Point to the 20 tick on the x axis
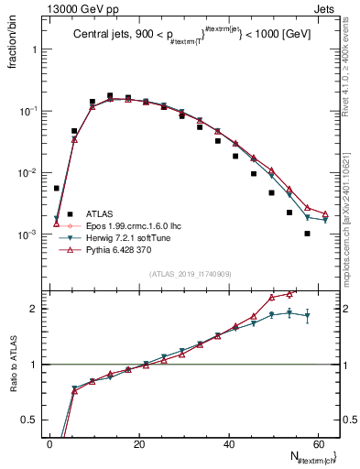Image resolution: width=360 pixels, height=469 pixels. tap(138, 443)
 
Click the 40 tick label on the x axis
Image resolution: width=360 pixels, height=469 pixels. tap(227, 443)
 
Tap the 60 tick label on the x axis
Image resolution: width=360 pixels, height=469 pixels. tap(316, 443)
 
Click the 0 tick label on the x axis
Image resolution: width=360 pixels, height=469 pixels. tap(49, 443)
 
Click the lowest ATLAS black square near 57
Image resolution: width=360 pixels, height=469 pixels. tap(308, 234)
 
